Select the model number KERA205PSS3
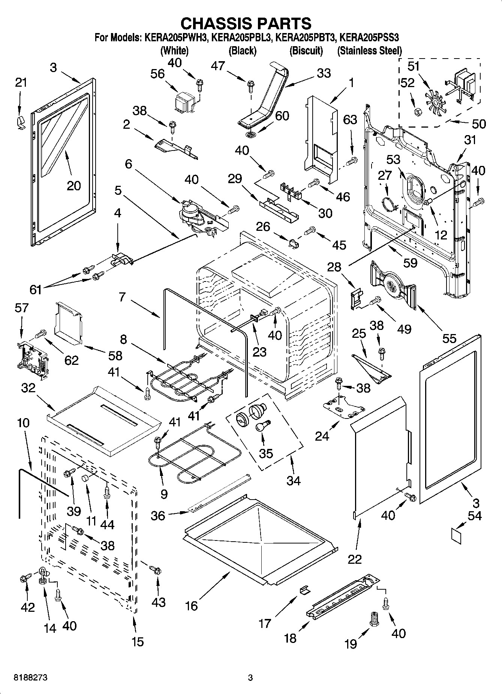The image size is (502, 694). [x=369, y=38]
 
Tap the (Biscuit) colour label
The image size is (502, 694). [x=306, y=51]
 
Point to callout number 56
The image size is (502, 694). [x=157, y=74]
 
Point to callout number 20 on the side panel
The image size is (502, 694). [x=73, y=185]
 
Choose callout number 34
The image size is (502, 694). [x=294, y=480]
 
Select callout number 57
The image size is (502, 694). [x=21, y=308]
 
